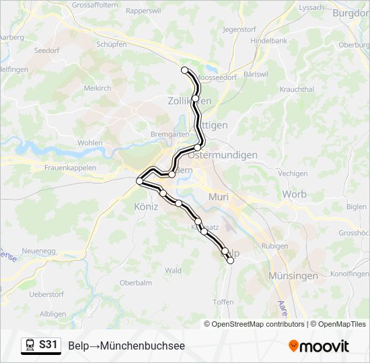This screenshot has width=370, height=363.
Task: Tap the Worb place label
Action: point(294,194)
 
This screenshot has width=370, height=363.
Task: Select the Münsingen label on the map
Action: point(293,276)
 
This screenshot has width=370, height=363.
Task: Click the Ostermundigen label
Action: point(223,155)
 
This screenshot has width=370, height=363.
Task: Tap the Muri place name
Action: point(219,197)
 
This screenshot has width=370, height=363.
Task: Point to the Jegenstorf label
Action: point(240,30)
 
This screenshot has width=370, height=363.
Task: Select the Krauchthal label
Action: point(297,89)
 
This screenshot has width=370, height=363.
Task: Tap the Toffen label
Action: point(223,302)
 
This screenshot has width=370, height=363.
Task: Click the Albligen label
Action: point(53,314)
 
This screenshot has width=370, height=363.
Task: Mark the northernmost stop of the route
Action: point(184,69)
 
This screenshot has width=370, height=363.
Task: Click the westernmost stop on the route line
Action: point(140,181)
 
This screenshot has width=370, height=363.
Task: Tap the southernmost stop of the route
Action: point(231,261)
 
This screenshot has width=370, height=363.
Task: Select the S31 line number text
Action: point(48,345)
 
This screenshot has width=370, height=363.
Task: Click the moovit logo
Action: point(319,346)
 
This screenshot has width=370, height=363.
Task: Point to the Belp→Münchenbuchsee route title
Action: point(126,346)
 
